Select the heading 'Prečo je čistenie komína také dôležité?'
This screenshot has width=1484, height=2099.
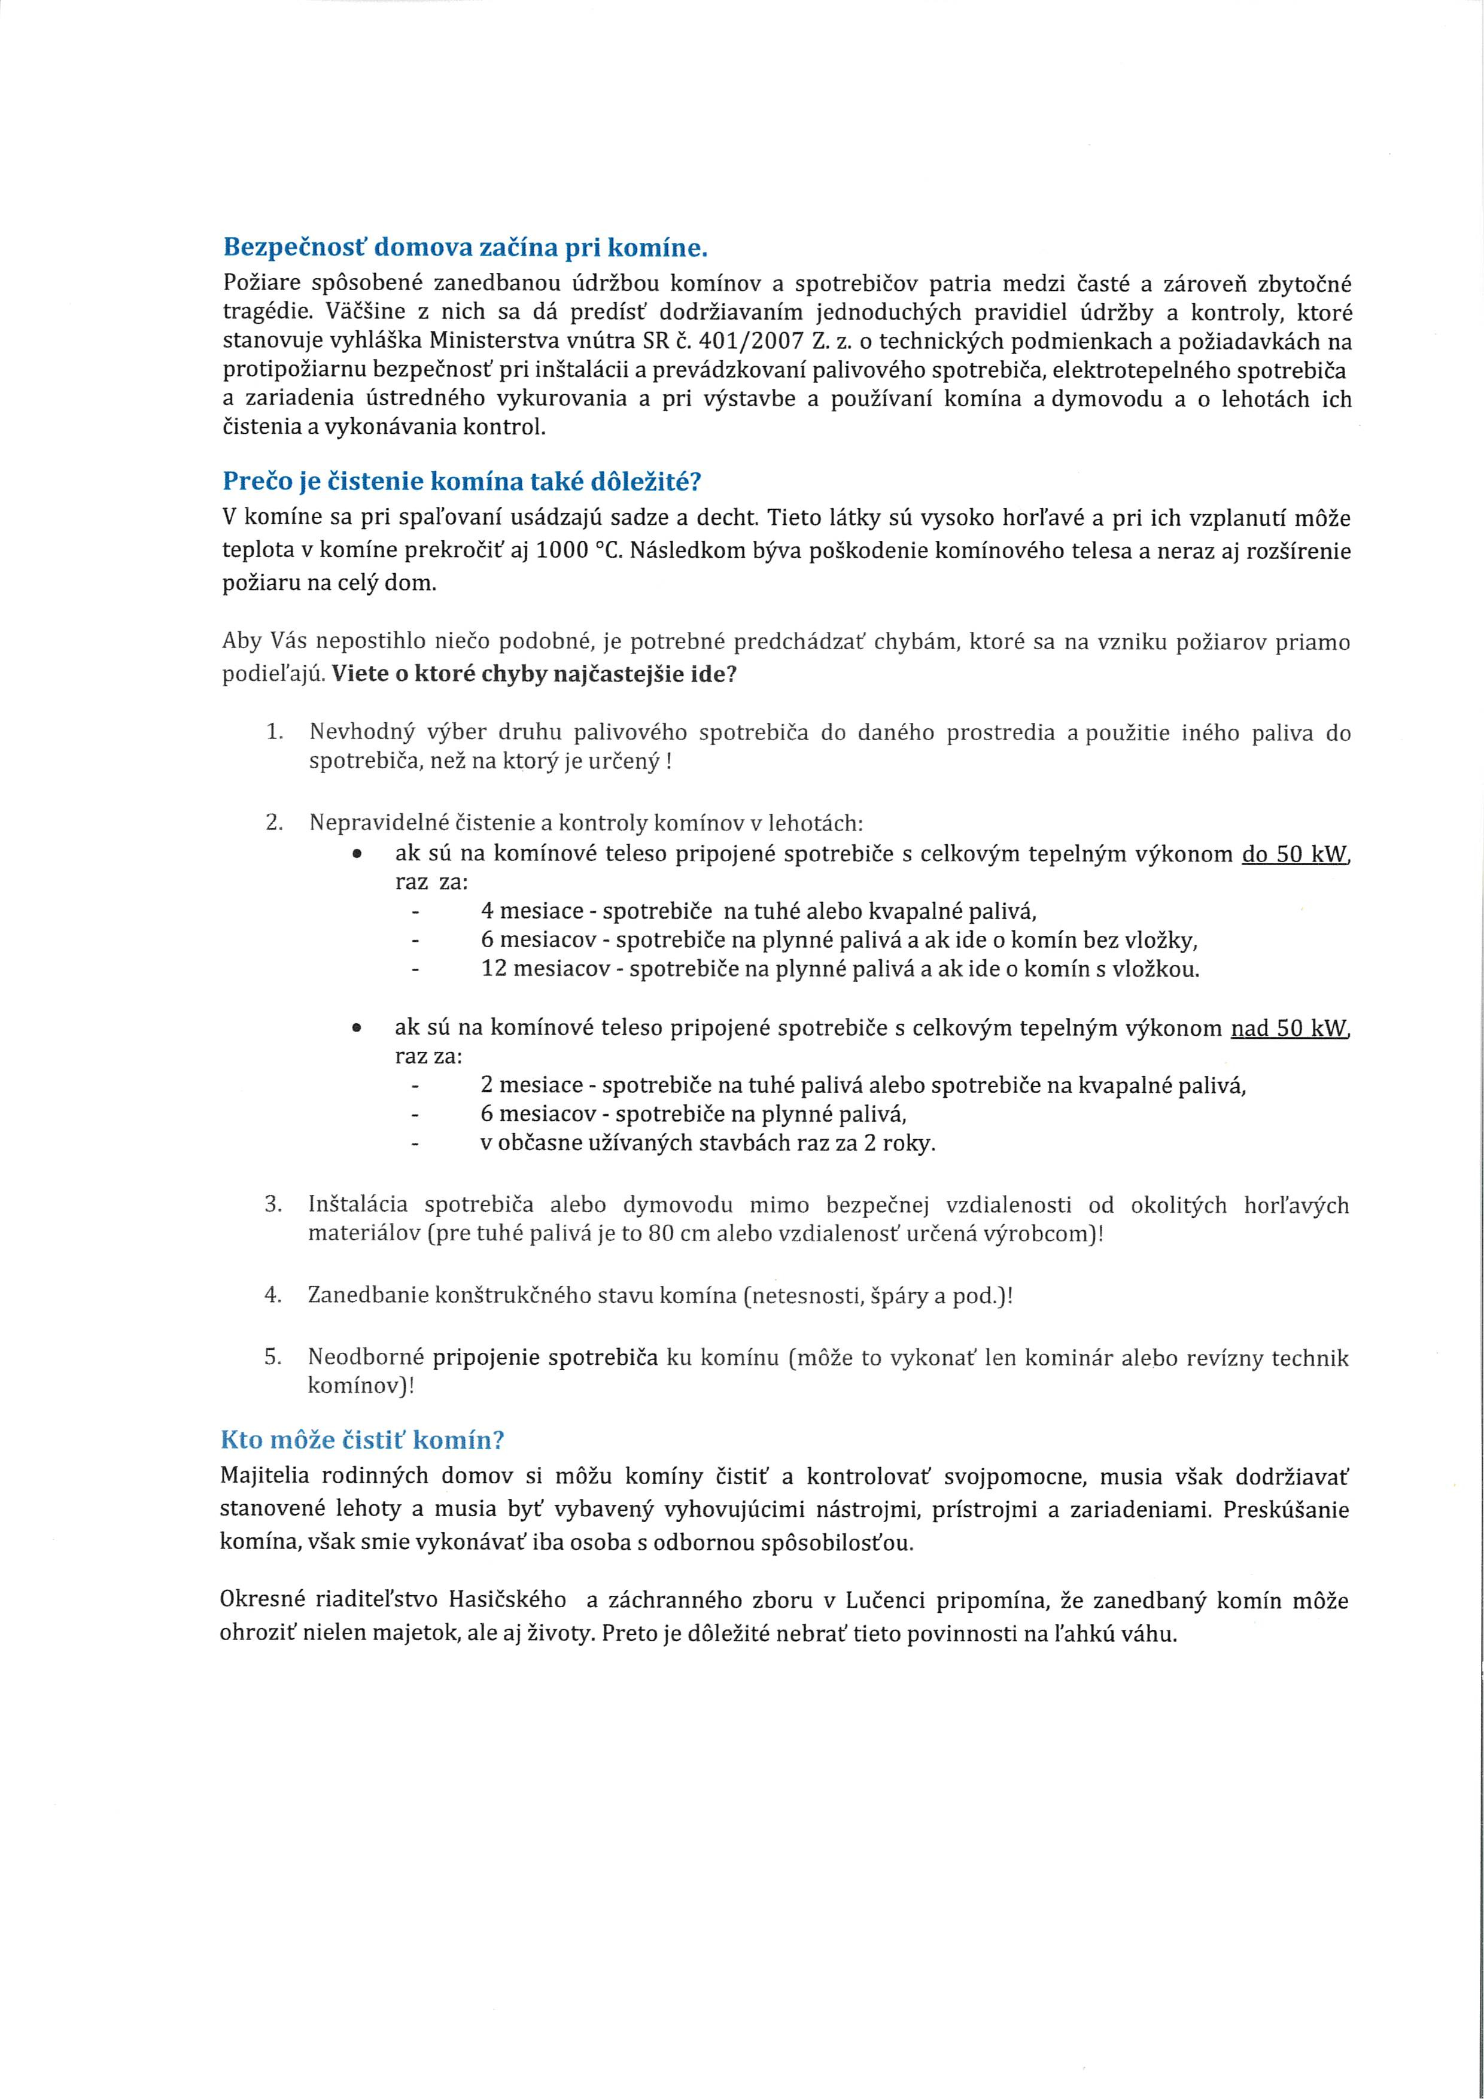(462, 481)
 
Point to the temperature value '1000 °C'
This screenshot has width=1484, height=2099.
(578, 552)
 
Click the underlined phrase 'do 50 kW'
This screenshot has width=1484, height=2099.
(1294, 855)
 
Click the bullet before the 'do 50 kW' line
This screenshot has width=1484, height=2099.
(357, 855)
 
